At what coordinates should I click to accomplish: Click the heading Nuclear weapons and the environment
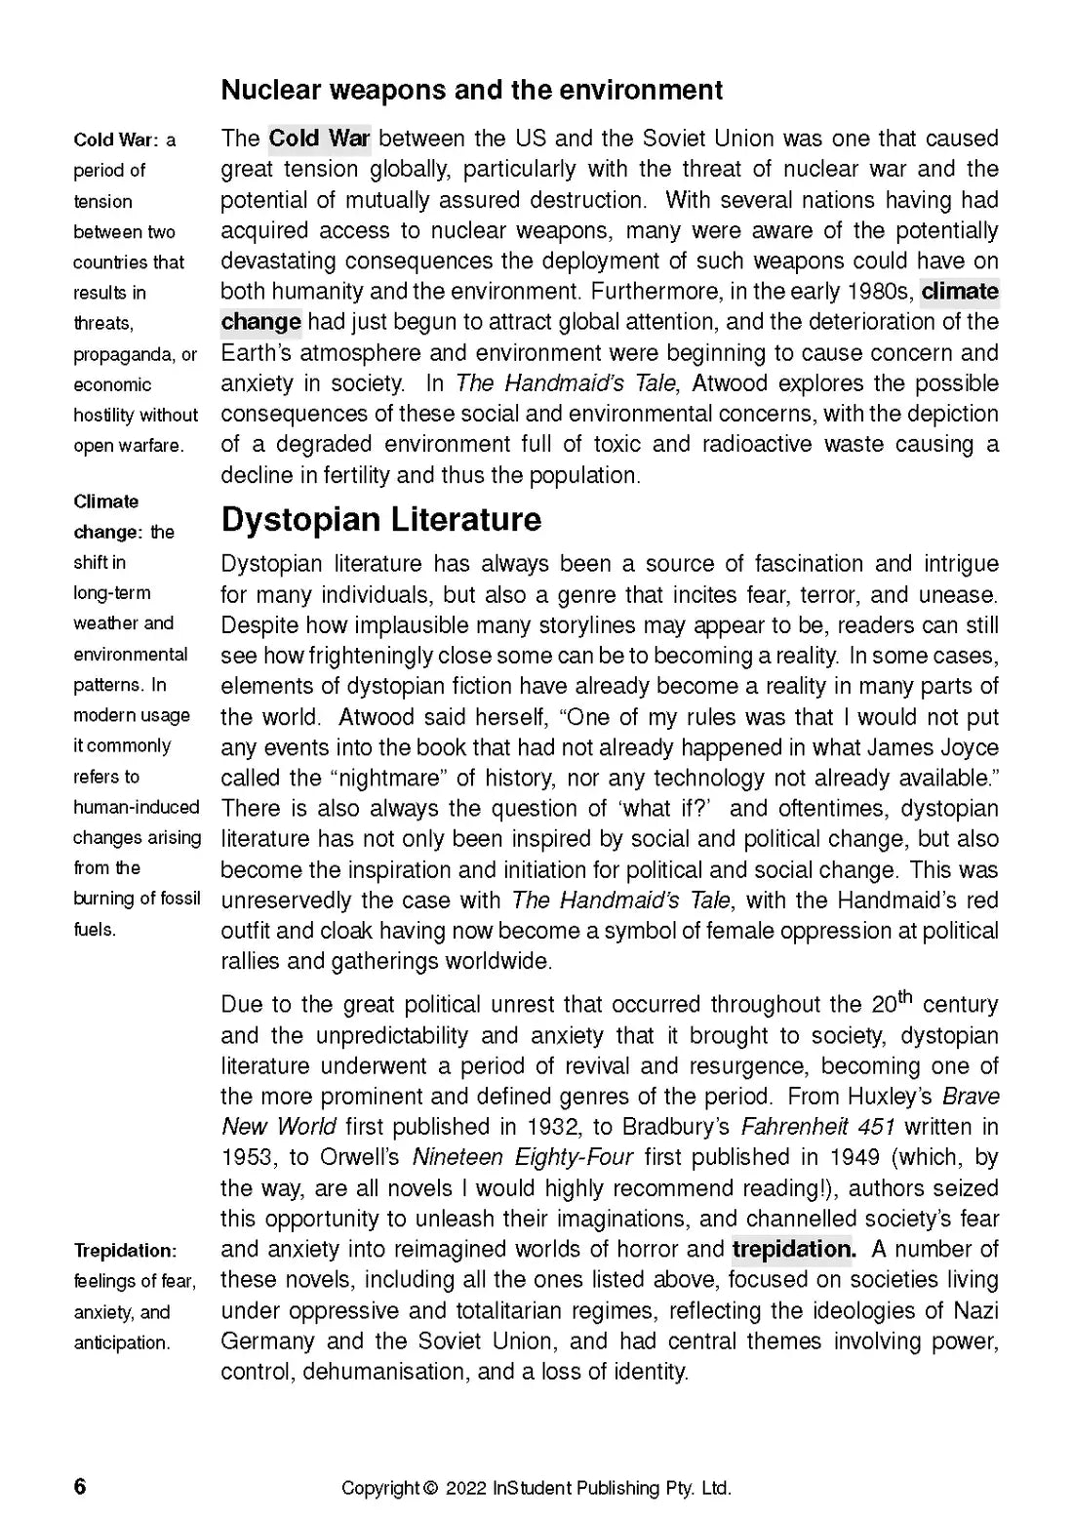(x=472, y=91)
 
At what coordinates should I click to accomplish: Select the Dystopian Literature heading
(x=380, y=519)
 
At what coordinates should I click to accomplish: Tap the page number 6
(x=80, y=1487)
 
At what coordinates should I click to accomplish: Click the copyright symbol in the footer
(x=430, y=1489)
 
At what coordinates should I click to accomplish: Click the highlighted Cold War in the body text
(x=319, y=139)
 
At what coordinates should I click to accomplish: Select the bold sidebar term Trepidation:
(x=125, y=1251)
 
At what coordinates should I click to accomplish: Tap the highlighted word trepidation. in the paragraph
(x=793, y=1250)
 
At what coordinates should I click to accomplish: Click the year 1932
(x=553, y=1127)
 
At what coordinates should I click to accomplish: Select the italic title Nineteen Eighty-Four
(x=523, y=1158)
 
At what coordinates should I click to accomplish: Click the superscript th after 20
(x=904, y=996)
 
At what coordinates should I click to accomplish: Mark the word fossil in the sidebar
(x=179, y=899)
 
